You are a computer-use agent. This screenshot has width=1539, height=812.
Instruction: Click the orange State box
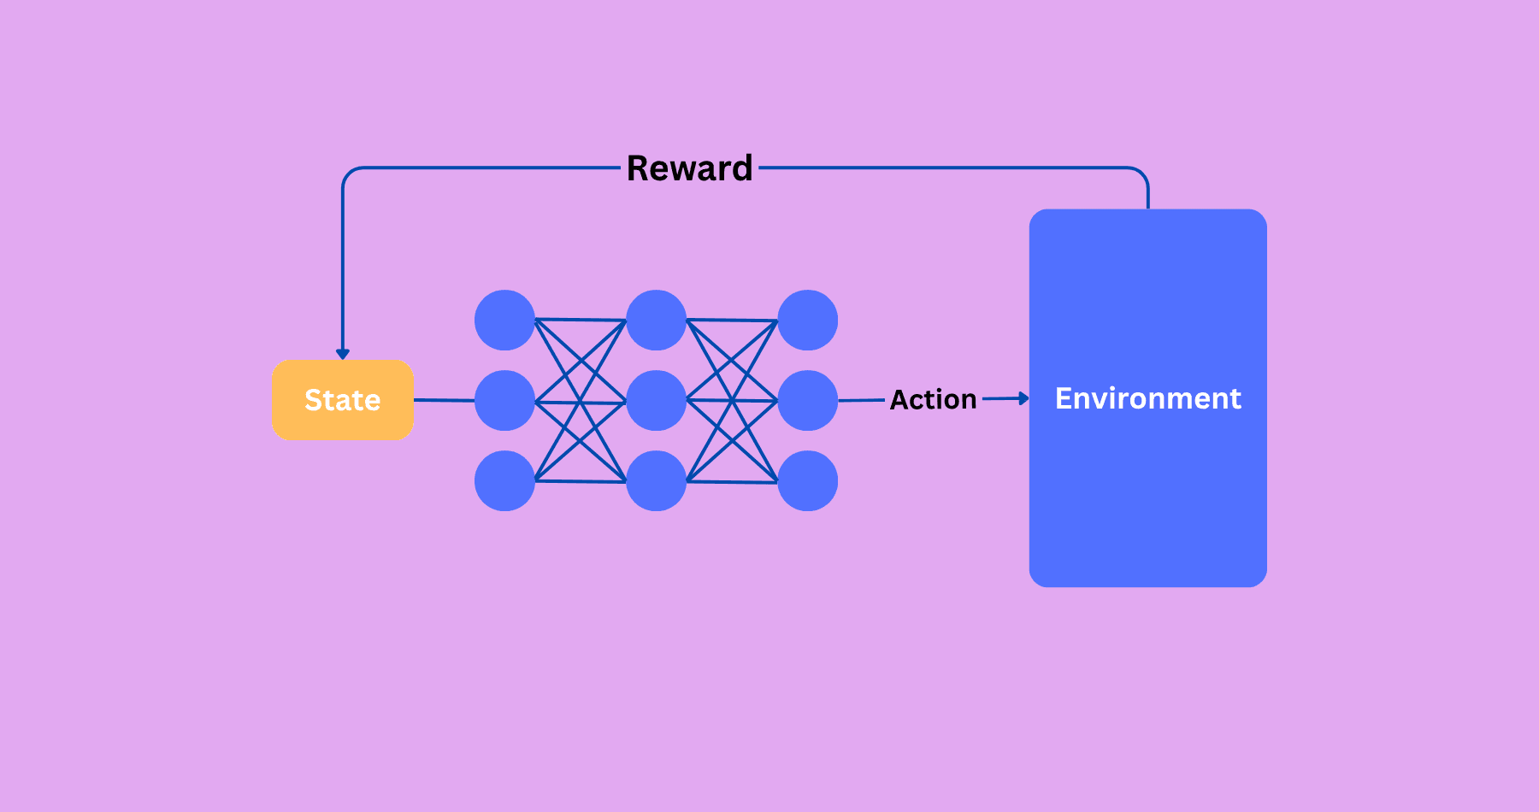[342, 400]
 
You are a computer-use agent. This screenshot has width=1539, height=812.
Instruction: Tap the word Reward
[689, 168]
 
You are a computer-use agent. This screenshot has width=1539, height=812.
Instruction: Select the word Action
[933, 399]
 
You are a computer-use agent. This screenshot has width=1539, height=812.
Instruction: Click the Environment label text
[1147, 398]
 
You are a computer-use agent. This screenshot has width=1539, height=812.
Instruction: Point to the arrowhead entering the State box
[343, 354]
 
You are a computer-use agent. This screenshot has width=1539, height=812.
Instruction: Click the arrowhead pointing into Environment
[1023, 398]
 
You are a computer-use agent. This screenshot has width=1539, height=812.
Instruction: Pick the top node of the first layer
[504, 321]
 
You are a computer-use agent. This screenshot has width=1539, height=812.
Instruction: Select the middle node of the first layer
[504, 400]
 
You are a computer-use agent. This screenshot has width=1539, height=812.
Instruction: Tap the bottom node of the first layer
[504, 480]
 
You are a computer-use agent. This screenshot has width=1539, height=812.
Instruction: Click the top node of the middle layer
[656, 321]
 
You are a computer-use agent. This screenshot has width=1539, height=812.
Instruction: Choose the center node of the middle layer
[656, 400]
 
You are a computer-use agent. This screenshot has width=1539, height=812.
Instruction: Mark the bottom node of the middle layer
[656, 480]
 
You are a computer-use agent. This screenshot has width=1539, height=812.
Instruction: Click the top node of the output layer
[807, 321]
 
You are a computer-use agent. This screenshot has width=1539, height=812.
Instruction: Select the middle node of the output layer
[807, 400]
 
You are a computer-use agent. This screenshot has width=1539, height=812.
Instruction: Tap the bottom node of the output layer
[807, 480]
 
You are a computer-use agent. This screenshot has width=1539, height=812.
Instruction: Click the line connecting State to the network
[444, 400]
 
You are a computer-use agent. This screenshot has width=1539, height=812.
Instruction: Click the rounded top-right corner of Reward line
[1142, 173]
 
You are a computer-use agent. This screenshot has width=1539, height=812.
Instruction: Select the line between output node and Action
[861, 400]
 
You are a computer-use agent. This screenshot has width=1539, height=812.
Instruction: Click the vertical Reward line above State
[343, 265]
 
